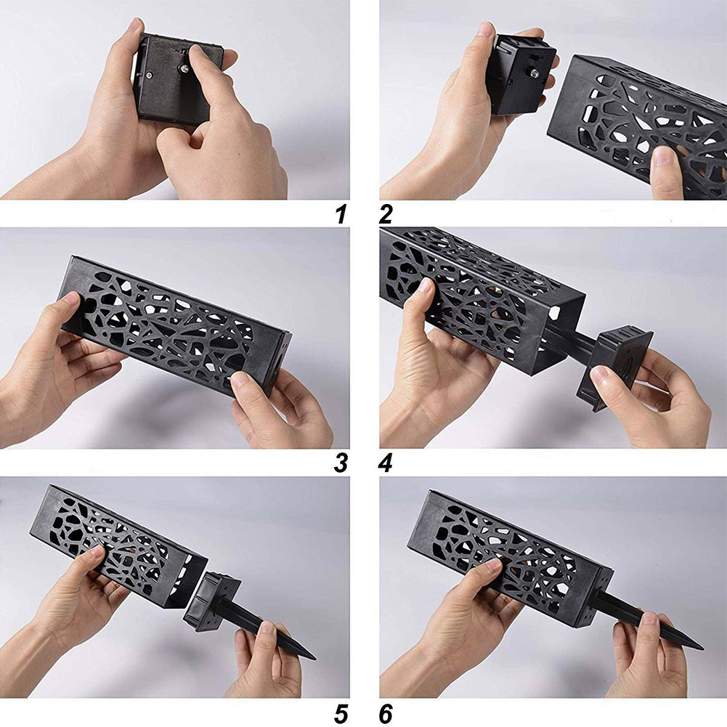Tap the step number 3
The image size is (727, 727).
pos(341,463)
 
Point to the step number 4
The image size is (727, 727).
pos(386,463)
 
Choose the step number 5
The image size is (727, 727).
pos(341,713)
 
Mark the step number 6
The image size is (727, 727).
pos(386,713)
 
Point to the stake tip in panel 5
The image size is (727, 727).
pos(314,657)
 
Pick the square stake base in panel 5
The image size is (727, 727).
pos(212,602)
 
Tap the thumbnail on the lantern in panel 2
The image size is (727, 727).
pos(665,157)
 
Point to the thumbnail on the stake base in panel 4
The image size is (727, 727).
pos(601,373)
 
